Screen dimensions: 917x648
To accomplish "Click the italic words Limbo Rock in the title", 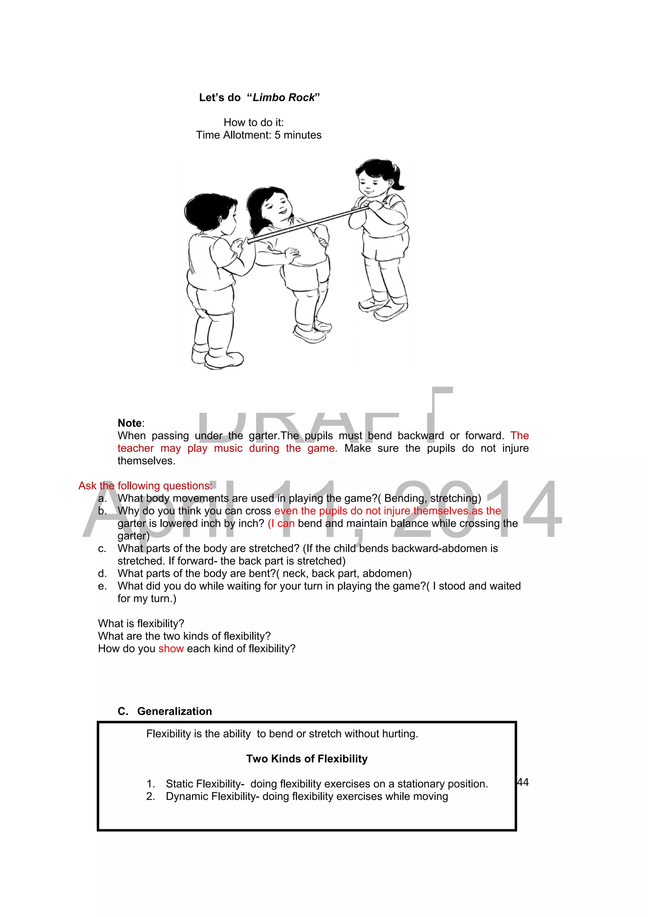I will (283, 98).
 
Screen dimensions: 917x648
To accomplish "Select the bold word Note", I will (129, 423).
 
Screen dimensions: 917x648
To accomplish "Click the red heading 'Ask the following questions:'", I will (145, 486).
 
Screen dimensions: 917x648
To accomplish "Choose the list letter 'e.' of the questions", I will (102, 586).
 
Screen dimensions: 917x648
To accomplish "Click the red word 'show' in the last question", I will (171, 649).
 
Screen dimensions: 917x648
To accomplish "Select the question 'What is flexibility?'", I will (141, 624).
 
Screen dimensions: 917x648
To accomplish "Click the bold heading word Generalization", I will (174, 711).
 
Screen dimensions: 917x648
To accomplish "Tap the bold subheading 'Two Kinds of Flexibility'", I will (307, 759).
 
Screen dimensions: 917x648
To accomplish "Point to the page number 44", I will (523, 782).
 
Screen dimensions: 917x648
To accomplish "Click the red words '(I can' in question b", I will (281, 523).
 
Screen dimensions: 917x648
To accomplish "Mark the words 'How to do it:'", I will (253, 122).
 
